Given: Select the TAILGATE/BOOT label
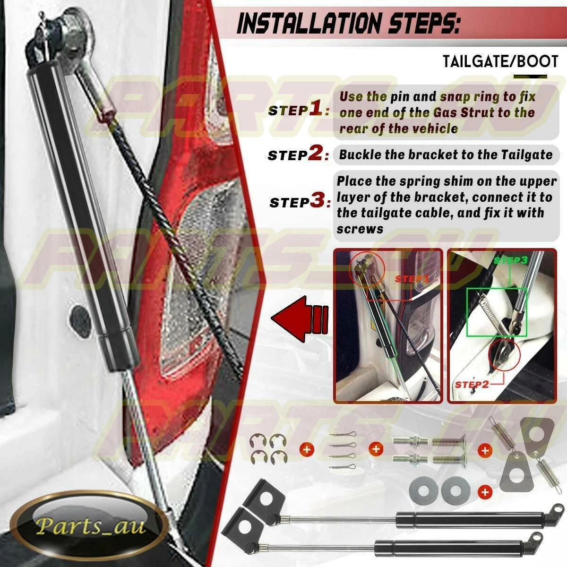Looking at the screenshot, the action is [500, 61].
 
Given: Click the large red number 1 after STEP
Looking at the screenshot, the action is [316, 108].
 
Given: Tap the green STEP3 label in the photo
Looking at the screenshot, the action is [510, 260].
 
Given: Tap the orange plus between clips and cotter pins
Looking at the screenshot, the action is [307, 450].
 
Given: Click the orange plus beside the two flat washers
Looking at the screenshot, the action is [485, 491].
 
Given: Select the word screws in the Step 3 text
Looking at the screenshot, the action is [360, 229].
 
